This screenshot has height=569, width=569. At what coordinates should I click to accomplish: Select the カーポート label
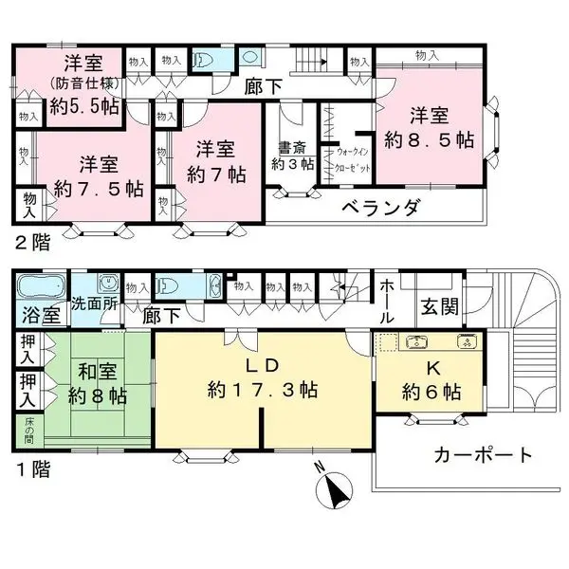tap(483, 455)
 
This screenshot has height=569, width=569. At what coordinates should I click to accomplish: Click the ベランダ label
tap(378, 209)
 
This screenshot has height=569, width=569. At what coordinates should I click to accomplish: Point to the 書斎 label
tap(291, 148)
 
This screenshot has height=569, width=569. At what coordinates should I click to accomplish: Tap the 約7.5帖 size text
tap(98, 187)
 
